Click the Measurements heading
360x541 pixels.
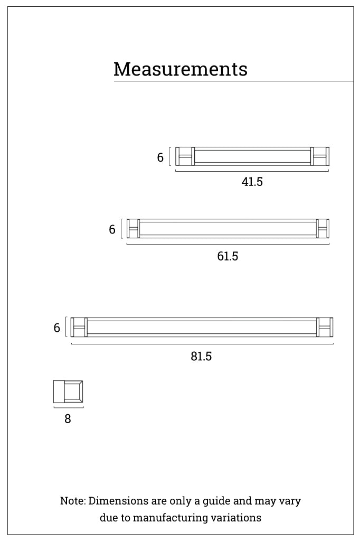181,69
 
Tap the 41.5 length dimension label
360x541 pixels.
252,182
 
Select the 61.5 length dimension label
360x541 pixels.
228,256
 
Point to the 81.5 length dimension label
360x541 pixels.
201,356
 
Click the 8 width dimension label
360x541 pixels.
68,418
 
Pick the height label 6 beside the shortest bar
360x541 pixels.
160,157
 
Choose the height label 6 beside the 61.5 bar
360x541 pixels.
112,229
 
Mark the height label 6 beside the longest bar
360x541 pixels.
57,328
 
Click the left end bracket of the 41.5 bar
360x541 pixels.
185,156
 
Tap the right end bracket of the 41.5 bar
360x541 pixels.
320,156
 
